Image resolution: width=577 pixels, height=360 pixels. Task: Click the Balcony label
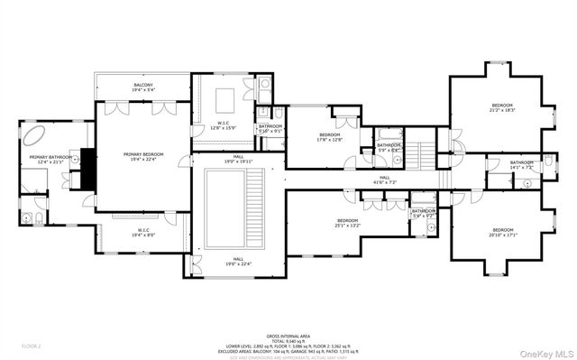[142, 86]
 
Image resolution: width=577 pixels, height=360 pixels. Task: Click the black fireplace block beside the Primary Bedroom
[87, 169]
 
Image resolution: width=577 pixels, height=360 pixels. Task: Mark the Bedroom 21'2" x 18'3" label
[502, 106]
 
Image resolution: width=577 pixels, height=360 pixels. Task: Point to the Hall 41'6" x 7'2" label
[384, 180]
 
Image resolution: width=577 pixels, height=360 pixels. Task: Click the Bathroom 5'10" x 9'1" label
[270, 128]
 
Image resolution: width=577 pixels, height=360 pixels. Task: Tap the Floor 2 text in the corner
[32, 346]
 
